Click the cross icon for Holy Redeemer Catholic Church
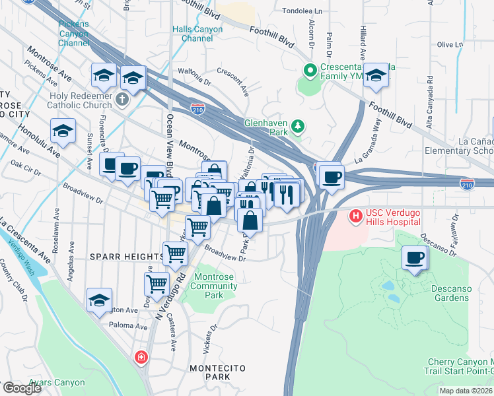tap(121, 100)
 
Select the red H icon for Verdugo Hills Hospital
tap(356, 215)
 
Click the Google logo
tap(21, 388)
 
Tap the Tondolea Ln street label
tap(302, 11)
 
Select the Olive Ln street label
tap(450, 44)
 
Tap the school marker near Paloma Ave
tap(99, 300)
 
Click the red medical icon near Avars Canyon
tap(141, 358)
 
